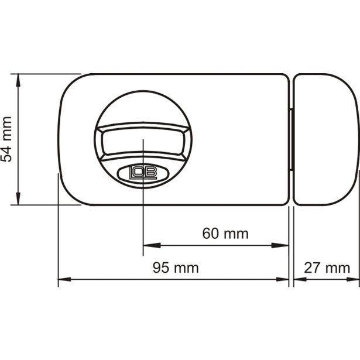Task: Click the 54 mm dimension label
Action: pos(6,139)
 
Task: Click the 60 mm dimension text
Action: pos(225,234)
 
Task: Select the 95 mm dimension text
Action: pos(176,268)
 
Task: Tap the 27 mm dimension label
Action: pos(327,268)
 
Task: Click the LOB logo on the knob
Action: pos(143,173)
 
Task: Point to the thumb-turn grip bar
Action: pos(143,141)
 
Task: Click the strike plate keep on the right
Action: pos(326,139)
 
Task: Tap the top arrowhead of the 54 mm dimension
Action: pos(18,80)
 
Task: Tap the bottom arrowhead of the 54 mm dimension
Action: pos(18,198)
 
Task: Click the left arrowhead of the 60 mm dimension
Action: pos(152,245)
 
